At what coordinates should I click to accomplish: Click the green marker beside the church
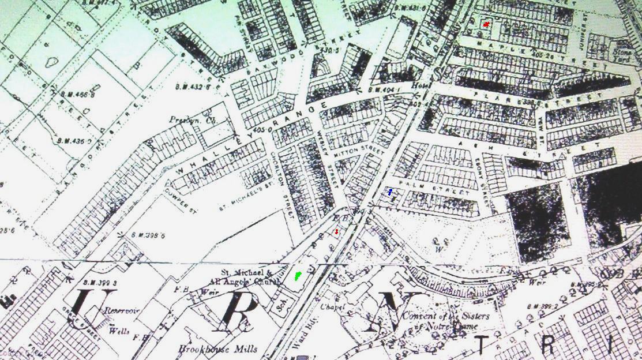298,276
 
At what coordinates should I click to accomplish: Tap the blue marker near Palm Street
391,192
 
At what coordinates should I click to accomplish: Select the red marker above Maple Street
486,24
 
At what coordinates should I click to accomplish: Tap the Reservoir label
119,311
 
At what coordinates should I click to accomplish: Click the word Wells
119,331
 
